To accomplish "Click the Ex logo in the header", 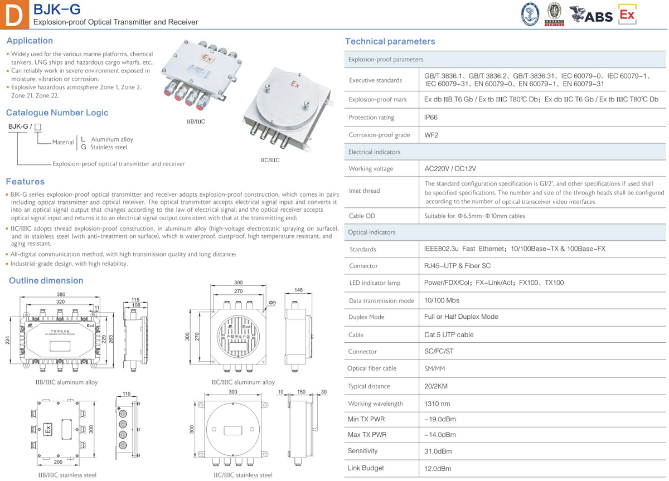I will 627,14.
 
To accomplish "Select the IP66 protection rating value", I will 432,118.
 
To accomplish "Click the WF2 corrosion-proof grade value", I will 432,135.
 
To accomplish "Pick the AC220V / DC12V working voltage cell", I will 450,168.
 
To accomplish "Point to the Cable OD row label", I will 362,216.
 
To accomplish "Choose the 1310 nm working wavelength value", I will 437,404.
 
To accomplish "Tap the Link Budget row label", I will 366,468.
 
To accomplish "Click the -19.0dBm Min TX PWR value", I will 440,419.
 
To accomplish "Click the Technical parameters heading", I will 390,41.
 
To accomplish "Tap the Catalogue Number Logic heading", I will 57,113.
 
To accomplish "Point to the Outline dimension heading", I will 46,280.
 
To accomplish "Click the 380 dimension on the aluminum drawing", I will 61,294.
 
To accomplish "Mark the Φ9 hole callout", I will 272,303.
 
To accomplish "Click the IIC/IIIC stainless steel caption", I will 243,475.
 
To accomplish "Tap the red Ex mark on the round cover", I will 295,85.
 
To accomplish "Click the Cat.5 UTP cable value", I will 449,335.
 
